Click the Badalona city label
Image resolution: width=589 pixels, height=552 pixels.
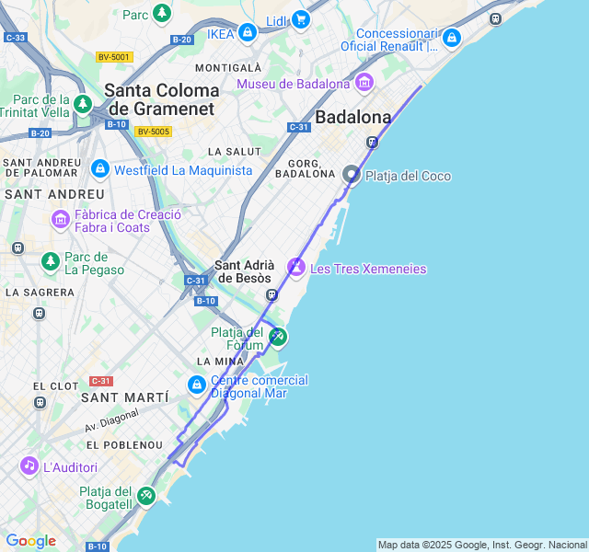click(x=352, y=117)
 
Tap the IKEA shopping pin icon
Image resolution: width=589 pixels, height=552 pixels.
click(x=247, y=34)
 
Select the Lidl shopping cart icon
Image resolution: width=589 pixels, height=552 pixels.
click(x=300, y=19)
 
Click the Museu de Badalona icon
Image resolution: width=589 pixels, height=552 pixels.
click(x=364, y=84)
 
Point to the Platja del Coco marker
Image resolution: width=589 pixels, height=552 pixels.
click(x=352, y=175)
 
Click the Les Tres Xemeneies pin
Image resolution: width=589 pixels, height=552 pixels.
click(x=296, y=268)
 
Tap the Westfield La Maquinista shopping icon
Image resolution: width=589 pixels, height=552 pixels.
click(x=99, y=169)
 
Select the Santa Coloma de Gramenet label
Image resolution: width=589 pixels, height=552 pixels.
click(x=161, y=99)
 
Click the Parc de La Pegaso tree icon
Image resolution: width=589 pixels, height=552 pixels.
click(x=51, y=262)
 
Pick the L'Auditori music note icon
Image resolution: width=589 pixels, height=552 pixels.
click(x=29, y=466)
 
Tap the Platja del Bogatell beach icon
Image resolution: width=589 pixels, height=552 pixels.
click(x=145, y=497)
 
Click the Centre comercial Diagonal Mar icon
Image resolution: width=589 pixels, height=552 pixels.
click(x=196, y=385)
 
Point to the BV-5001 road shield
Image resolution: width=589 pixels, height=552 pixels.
click(x=114, y=57)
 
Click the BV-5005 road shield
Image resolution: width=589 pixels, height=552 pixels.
click(x=153, y=132)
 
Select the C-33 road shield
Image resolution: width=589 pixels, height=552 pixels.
click(x=15, y=38)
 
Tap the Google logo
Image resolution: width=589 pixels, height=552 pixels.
click(x=30, y=541)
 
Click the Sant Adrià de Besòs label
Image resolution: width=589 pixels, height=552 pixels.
click(x=243, y=271)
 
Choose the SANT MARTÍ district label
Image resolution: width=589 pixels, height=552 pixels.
click(x=125, y=397)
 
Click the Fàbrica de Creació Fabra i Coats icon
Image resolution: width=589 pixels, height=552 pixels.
click(x=61, y=220)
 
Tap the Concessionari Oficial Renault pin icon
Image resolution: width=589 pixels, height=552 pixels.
click(x=451, y=39)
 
